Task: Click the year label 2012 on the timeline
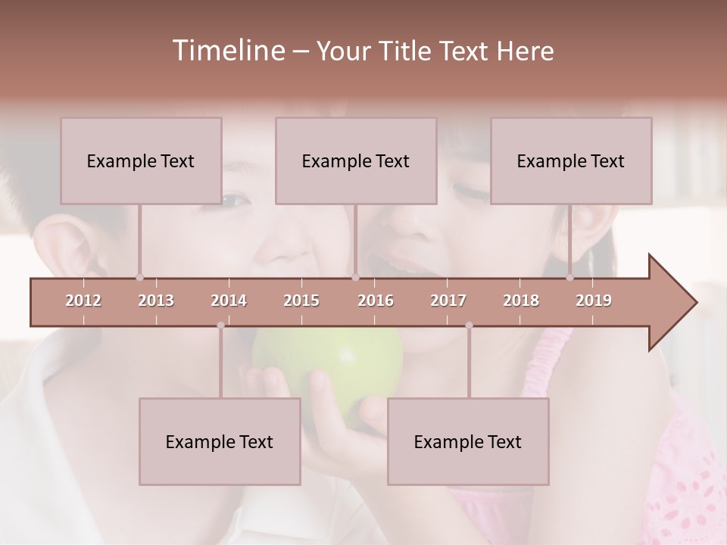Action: [x=83, y=301]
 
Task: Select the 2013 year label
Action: [x=156, y=301]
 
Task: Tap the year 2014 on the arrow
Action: [x=229, y=301]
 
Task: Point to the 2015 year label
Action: [x=301, y=301]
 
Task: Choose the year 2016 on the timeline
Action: [x=376, y=301]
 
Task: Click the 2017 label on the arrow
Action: [x=448, y=301]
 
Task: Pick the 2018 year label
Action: [x=521, y=301]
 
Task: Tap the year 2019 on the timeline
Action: [x=594, y=301]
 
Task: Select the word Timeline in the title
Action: [x=227, y=51]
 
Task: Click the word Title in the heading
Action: [x=407, y=51]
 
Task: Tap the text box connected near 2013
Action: [x=141, y=160]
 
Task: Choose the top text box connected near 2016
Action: [x=356, y=160]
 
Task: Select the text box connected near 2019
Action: [x=571, y=160]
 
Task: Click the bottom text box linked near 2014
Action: [x=220, y=441]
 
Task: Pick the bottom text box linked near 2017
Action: [x=468, y=441]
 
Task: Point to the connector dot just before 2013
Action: [x=139, y=277]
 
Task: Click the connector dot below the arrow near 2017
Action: [x=469, y=325]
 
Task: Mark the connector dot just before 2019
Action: [x=569, y=277]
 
